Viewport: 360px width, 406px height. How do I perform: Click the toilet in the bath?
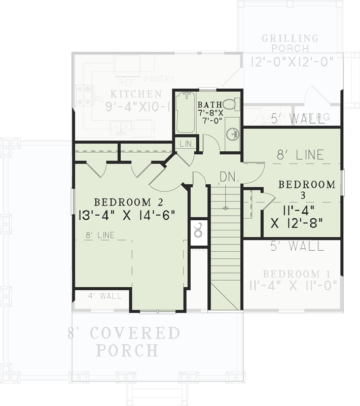(230, 104)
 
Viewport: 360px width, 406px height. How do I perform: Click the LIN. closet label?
(187, 144)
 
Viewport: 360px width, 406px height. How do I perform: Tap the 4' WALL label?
(105, 296)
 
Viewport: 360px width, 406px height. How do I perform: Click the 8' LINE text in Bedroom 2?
(100, 235)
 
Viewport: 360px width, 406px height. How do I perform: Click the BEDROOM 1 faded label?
(293, 274)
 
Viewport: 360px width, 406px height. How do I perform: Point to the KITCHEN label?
(136, 94)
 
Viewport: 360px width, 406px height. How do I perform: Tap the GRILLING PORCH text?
(290, 43)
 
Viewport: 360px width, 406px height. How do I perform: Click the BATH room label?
(209, 105)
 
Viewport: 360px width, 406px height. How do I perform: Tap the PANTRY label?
(159, 79)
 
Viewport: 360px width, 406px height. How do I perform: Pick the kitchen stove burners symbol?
(84, 94)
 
